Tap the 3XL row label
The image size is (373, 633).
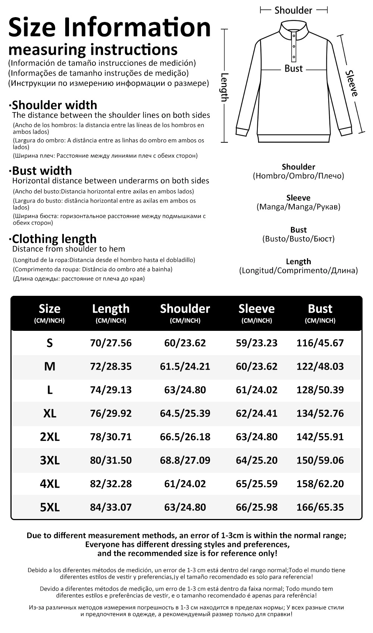pos(50,460)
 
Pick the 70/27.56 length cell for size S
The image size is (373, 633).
pos(111,343)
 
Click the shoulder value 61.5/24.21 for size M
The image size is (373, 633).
pos(185,367)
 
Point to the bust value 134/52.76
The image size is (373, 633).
pos(320,414)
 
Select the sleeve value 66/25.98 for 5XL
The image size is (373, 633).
pos(257,507)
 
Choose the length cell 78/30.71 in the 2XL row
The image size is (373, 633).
pos(111,437)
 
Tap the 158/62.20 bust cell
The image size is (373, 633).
pos(320,484)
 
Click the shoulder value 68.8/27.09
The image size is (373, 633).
pos(185,460)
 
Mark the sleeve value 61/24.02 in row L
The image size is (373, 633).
pos(257,390)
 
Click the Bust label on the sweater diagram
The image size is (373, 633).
pos(294,69)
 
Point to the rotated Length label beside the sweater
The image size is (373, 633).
pos(224,87)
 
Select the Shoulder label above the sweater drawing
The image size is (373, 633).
pos(293,10)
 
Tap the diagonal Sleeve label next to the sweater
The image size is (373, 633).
pos(351,83)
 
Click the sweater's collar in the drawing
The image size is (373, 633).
pos(294,28)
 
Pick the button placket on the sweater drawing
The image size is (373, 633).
pos(294,47)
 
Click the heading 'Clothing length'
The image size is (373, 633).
pos(54,239)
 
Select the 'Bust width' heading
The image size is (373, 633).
pos(42,171)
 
